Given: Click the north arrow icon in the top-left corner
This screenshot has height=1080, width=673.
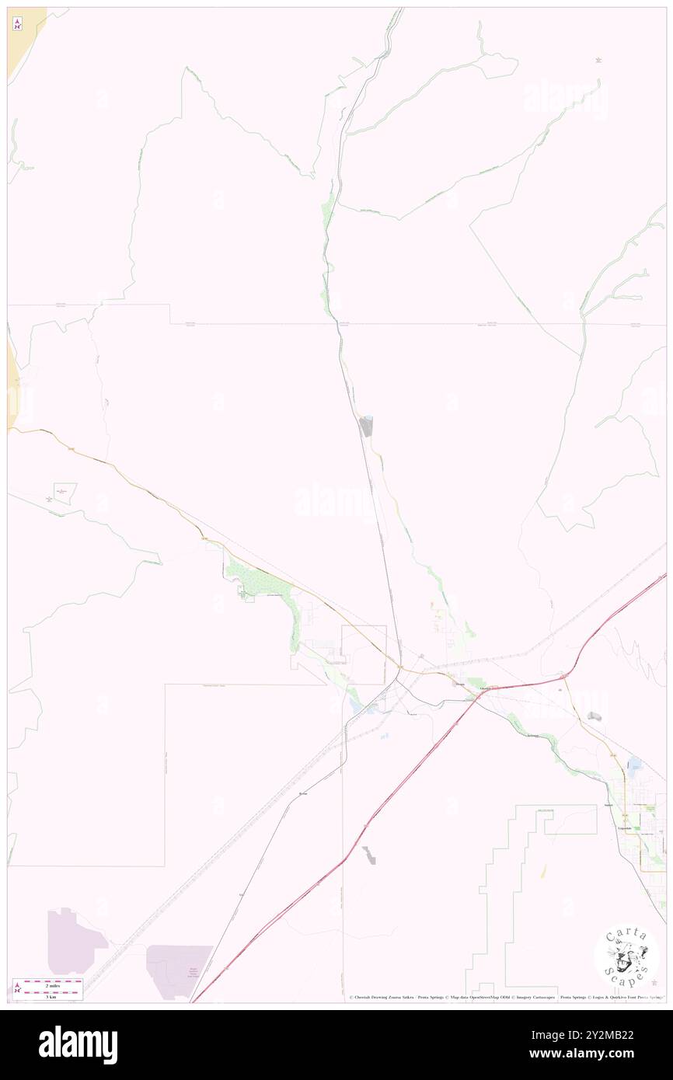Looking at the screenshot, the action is [17, 24].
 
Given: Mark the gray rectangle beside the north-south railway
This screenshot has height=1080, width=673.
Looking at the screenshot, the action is [365, 426].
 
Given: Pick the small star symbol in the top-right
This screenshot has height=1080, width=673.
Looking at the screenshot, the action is [598, 60].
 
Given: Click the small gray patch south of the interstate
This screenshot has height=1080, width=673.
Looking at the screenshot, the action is [369, 855].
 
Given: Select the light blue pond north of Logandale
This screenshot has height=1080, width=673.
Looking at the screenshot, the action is [634, 764].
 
